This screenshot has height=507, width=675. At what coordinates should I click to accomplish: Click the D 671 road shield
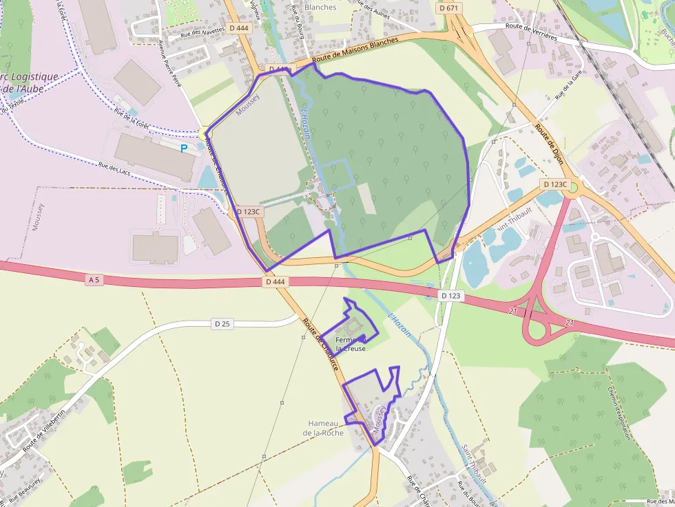[x=448, y=8]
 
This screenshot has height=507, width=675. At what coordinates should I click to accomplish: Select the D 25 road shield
[x=222, y=323]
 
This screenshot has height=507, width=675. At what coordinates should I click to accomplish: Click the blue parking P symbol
[x=184, y=148]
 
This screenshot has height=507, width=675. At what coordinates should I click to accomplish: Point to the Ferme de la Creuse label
[x=351, y=344]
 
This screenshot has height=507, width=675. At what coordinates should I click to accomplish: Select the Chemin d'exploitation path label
[x=619, y=412]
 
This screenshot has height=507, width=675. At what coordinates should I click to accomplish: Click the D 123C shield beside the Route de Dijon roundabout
[x=554, y=184]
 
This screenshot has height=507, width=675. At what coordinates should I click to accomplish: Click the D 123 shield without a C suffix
[x=450, y=295]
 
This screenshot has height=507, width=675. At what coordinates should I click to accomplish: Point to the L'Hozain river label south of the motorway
[x=399, y=324]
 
